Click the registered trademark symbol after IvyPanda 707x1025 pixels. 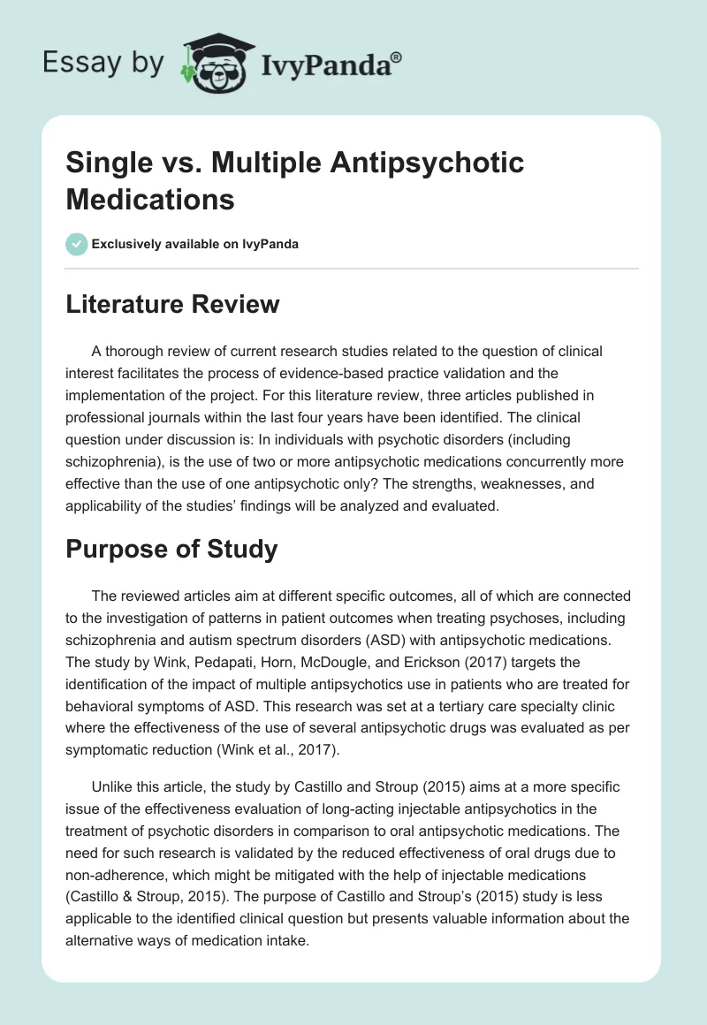pos(397,57)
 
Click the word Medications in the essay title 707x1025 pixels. pos(150,199)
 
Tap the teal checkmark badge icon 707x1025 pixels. pos(76,244)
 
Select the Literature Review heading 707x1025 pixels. pos(172,305)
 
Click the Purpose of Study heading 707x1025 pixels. pos(171,549)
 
